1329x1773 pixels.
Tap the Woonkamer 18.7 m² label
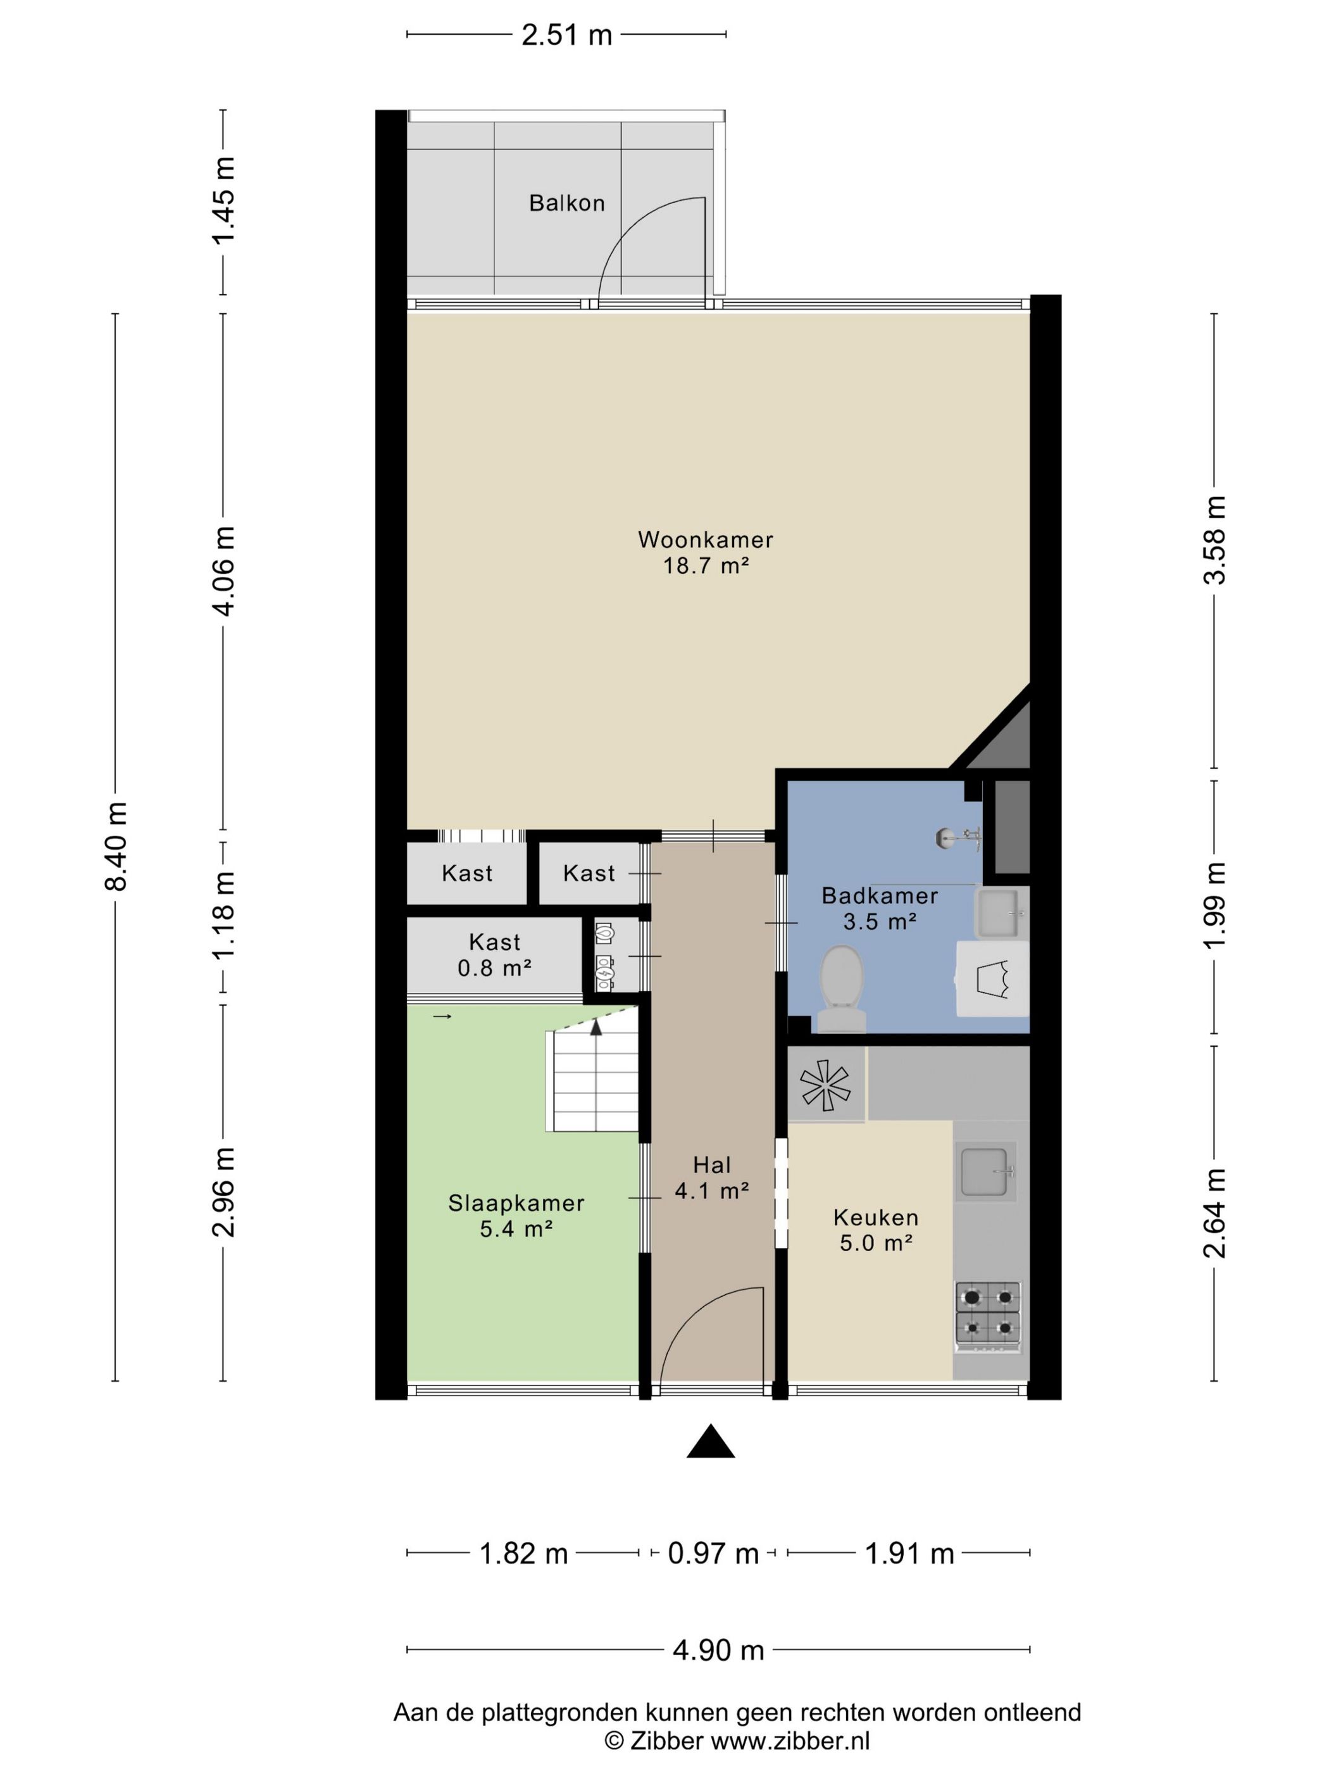(x=705, y=552)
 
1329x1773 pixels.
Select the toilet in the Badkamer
(x=841, y=988)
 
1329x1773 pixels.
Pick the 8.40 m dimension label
(x=117, y=847)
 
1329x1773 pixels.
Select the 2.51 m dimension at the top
(x=566, y=35)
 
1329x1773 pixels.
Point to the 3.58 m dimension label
(x=1215, y=540)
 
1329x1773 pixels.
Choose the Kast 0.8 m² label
(x=494, y=955)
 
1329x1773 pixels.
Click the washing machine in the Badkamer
(x=992, y=979)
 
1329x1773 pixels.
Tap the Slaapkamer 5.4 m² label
(x=516, y=1216)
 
